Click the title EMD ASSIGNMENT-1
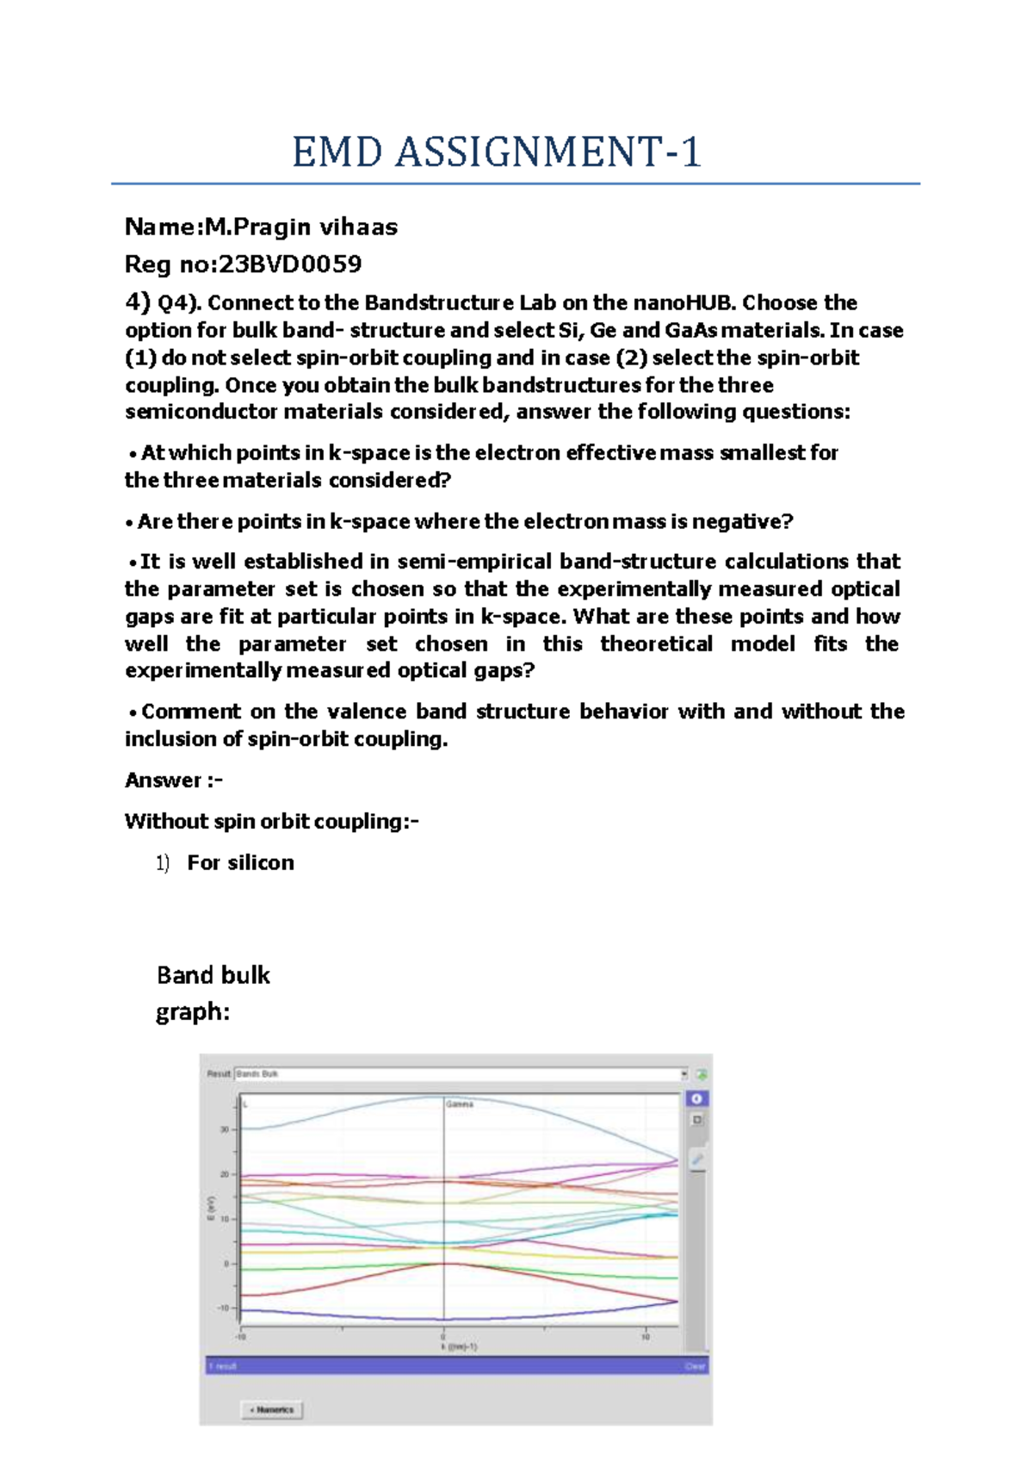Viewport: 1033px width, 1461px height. pyautogui.click(x=497, y=153)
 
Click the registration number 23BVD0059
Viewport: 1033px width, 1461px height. pyautogui.click(x=289, y=264)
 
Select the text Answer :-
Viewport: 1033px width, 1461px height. pyautogui.click(x=174, y=780)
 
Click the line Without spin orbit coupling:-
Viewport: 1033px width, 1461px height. pyautogui.click(x=272, y=822)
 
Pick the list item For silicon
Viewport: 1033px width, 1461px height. pyautogui.click(x=241, y=863)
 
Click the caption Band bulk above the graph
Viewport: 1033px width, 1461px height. pyautogui.click(x=213, y=975)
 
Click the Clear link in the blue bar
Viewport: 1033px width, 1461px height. pyautogui.click(x=695, y=1366)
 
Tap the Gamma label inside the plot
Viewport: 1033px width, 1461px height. pyautogui.click(x=460, y=1104)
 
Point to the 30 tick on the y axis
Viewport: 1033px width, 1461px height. pyautogui.click(x=225, y=1129)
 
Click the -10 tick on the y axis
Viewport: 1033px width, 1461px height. pyautogui.click(x=224, y=1309)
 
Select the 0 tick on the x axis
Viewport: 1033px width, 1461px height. pyautogui.click(x=443, y=1337)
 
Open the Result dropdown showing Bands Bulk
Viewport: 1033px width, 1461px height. pyautogui.click(x=461, y=1074)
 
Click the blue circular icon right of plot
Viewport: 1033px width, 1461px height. pyautogui.click(x=696, y=1098)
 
